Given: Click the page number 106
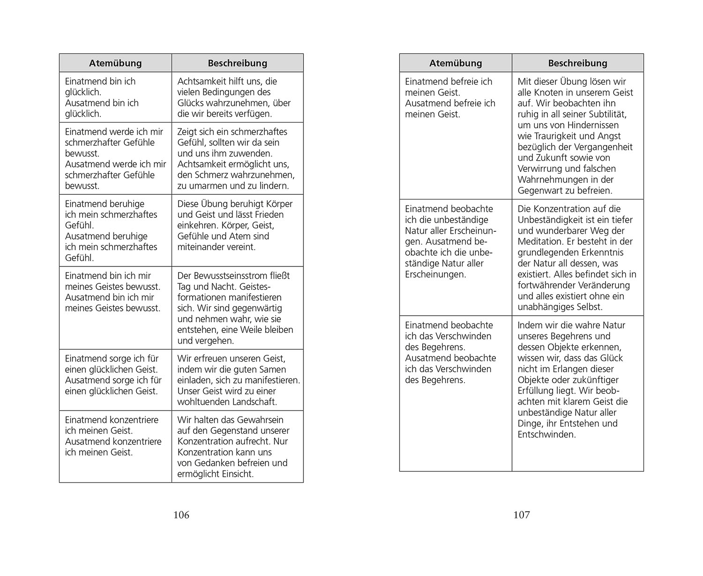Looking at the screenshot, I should point(181,515).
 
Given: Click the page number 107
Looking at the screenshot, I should point(522,515).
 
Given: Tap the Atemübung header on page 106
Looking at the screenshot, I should point(115,63).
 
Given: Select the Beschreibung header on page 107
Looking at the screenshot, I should point(577,63).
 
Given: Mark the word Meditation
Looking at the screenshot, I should point(540,242).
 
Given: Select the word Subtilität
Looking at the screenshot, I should point(604,114).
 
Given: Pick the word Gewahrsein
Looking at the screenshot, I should point(260,420).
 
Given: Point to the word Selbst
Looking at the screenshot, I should point(589,307).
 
